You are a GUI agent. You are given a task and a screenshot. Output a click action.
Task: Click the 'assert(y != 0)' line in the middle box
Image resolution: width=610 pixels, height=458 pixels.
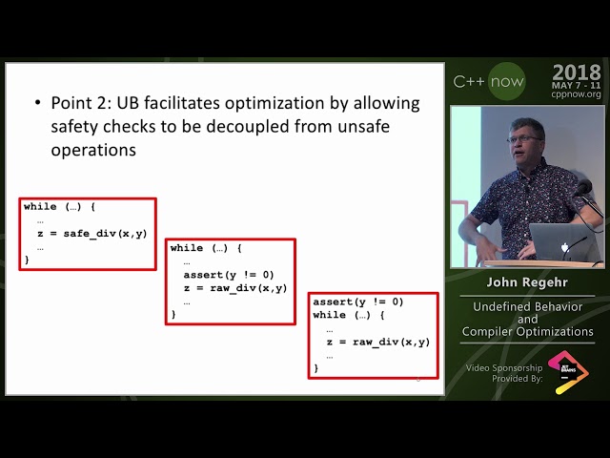229,275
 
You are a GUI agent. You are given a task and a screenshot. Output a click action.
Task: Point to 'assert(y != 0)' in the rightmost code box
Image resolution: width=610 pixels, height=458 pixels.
358,302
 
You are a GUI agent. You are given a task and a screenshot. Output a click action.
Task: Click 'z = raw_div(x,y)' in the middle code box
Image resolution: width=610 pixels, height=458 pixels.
235,287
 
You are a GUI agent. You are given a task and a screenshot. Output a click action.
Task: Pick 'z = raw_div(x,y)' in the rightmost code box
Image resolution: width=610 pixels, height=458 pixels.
378,342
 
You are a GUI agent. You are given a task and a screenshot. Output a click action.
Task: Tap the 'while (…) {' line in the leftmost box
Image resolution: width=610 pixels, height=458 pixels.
60,206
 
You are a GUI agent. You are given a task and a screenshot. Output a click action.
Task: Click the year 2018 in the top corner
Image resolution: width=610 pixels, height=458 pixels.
576,73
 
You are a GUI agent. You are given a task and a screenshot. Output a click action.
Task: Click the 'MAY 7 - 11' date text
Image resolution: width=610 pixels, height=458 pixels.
576,85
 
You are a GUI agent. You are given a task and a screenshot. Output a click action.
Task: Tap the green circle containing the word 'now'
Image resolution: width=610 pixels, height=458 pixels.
506,82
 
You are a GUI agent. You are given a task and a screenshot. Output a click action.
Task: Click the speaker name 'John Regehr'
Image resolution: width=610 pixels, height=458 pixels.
527,283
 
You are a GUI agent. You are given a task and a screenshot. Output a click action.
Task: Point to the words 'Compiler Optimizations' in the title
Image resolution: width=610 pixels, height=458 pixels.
527,332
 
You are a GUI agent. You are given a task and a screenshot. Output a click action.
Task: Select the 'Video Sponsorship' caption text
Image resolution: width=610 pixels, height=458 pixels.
504,367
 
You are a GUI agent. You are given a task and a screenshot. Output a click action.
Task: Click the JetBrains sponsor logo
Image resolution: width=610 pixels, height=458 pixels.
568,372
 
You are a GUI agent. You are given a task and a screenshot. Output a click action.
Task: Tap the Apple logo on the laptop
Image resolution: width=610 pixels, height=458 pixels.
566,246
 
